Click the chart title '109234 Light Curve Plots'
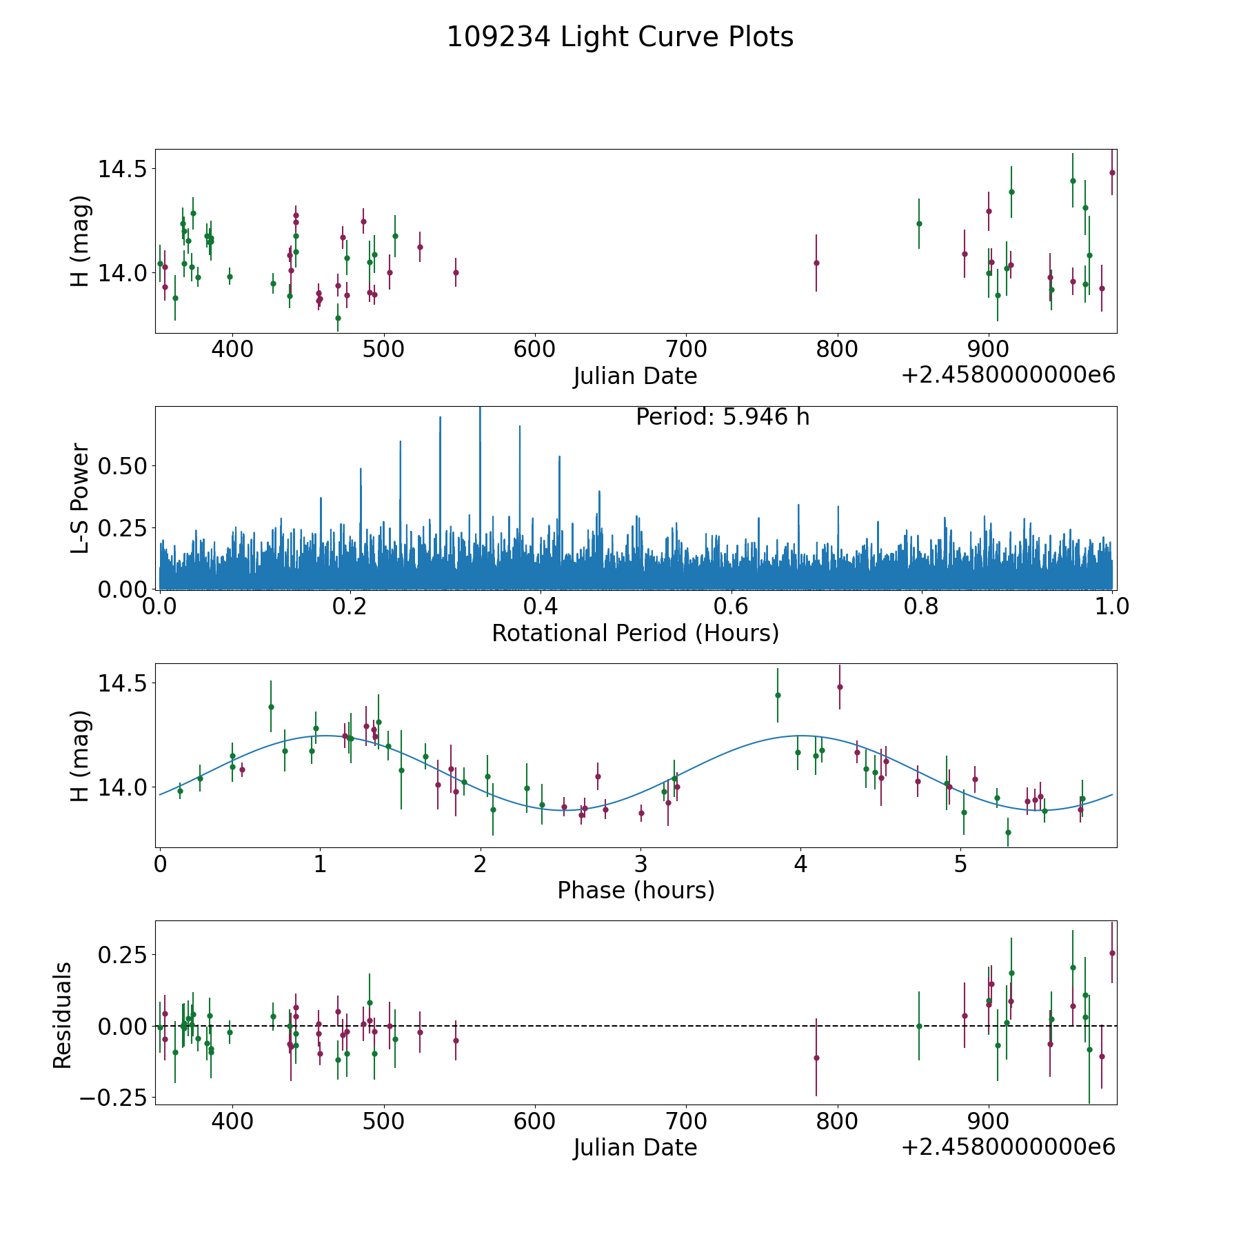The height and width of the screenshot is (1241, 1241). pyautogui.click(x=620, y=37)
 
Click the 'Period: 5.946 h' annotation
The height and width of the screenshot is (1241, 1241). pyautogui.click(x=723, y=417)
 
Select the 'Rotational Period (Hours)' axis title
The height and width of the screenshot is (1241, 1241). pyautogui.click(x=635, y=633)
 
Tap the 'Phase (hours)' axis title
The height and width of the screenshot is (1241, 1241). pyautogui.click(x=636, y=890)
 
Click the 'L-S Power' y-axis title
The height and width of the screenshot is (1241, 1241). pyautogui.click(x=81, y=498)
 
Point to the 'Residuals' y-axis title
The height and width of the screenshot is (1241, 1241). pyautogui.click(x=63, y=1015)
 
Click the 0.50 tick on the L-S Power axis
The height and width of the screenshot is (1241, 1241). pyautogui.click(x=123, y=466)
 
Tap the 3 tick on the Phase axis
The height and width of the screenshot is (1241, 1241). pyautogui.click(x=640, y=864)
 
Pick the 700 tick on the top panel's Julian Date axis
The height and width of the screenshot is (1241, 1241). pyautogui.click(x=686, y=350)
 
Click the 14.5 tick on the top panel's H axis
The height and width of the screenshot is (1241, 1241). pyautogui.click(x=121, y=169)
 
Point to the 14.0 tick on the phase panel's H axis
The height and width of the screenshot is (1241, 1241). pyautogui.click(x=121, y=787)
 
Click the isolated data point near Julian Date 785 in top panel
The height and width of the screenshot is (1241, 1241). pyautogui.click(x=816, y=263)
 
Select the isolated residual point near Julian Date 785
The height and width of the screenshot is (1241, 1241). pyautogui.click(x=816, y=1058)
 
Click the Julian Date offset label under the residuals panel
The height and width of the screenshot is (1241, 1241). pyautogui.click(x=1008, y=1147)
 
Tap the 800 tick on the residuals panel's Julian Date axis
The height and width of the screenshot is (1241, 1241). pyautogui.click(x=837, y=1121)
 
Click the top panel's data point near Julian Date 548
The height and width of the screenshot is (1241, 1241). pyautogui.click(x=456, y=272)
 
